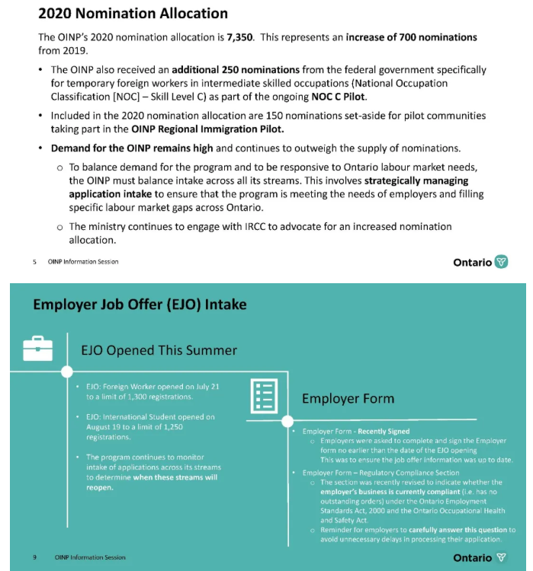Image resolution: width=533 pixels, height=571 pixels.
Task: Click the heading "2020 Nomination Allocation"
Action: [133, 14]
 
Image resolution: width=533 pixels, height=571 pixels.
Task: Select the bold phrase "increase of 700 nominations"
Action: [411, 37]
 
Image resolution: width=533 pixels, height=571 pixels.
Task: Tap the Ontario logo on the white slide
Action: [480, 262]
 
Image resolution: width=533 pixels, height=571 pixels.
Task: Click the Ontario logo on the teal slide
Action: [480, 557]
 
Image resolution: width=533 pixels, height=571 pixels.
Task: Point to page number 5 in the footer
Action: [34, 262]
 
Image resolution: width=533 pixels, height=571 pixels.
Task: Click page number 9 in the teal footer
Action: [34, 557]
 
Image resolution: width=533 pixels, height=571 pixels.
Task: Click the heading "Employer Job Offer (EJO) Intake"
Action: [140, 305]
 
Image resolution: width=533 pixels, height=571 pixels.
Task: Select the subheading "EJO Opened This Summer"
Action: [159, 350]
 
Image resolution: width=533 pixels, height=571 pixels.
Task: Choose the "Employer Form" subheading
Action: [348, 398]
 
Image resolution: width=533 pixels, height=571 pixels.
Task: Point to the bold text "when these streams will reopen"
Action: [151, 482]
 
